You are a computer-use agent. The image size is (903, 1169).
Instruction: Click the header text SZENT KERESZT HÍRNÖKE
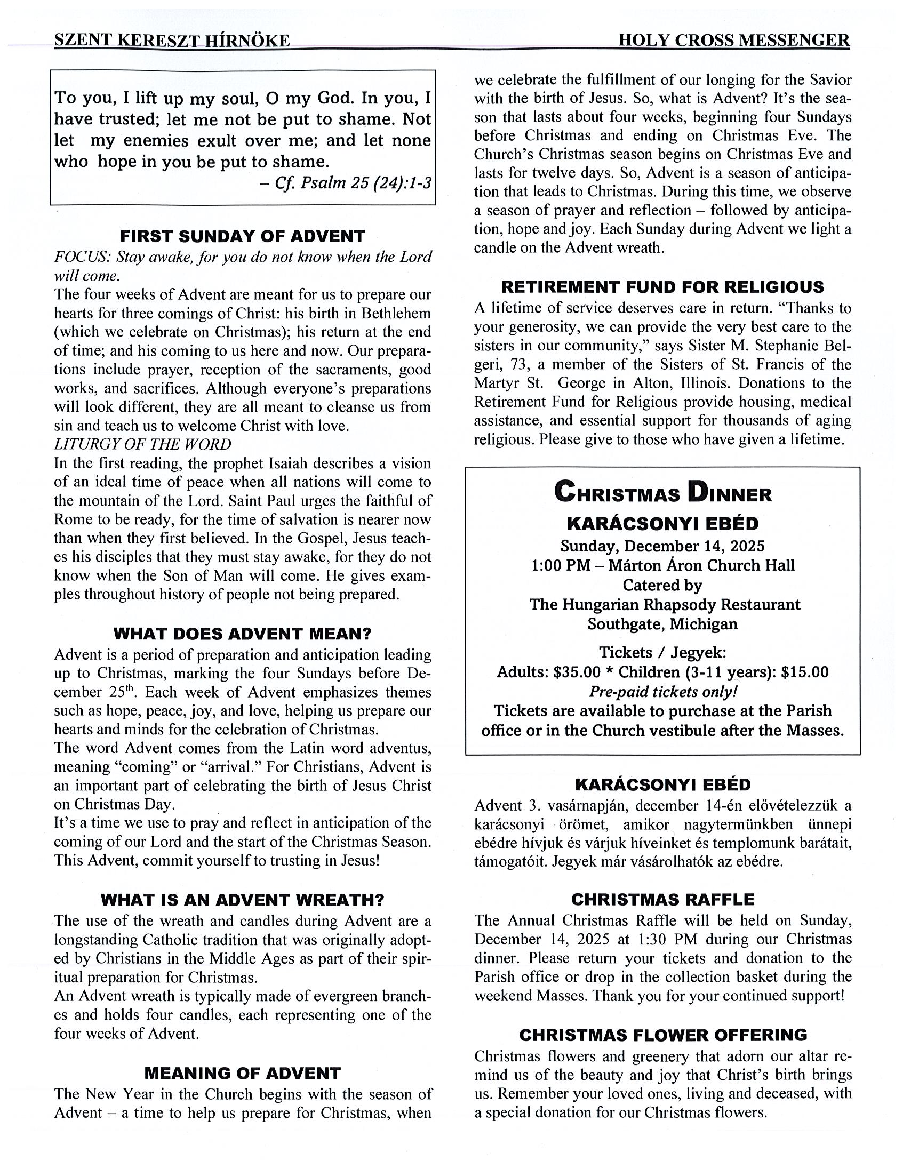pos(172,41)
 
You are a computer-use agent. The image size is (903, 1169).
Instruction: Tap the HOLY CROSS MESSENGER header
pos(733,41)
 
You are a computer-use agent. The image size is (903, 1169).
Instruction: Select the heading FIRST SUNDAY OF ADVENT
pos(243,236)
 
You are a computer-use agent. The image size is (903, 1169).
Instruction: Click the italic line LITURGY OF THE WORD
pos(142,444)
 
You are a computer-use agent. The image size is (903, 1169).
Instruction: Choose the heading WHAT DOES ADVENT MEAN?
pos(243,634)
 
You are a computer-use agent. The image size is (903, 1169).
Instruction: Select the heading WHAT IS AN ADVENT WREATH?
pos(243,900)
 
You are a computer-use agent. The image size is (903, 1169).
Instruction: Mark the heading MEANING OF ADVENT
pos(243,1073)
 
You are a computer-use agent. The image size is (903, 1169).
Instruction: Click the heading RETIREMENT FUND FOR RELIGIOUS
pos(662,287)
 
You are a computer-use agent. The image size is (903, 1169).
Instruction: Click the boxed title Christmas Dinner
pos(662,492)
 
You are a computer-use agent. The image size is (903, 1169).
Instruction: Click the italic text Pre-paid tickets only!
pos(662,692)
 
